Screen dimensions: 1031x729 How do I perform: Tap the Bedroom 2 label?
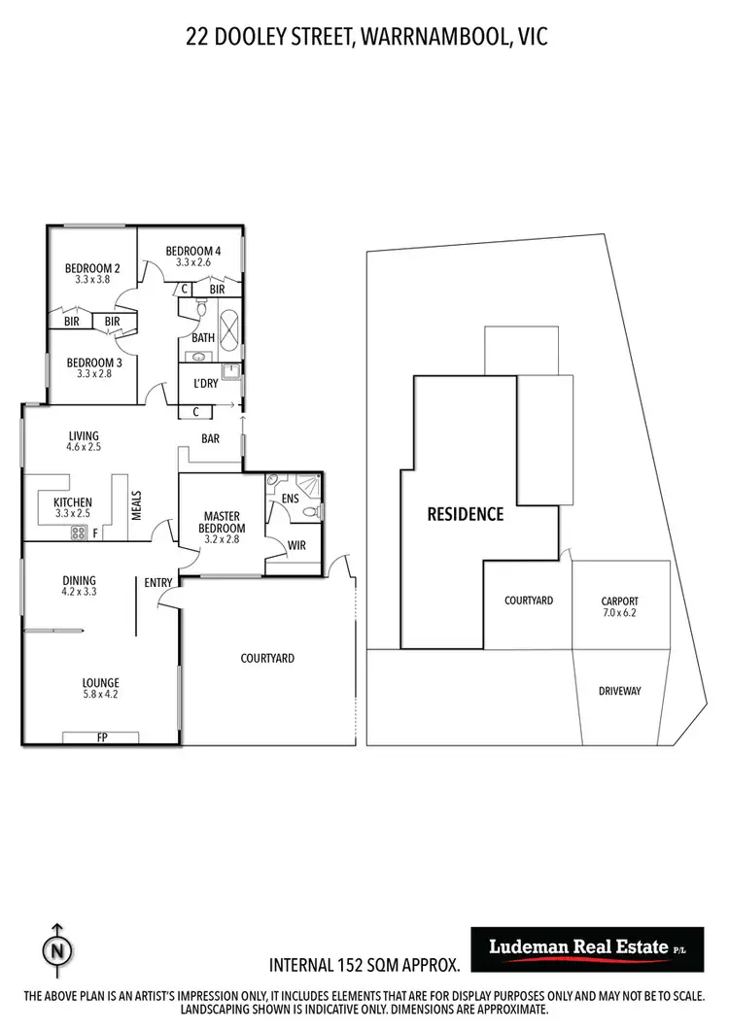click(x=92, y=269)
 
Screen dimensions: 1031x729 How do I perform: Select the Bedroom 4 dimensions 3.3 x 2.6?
click(x=193, y=262)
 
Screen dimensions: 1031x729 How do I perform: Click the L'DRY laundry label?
click(x=205, y=384)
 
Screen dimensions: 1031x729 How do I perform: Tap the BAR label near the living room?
click(x=210, y=438)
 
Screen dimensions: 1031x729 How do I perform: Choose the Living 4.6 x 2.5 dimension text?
click(x=84, y=448)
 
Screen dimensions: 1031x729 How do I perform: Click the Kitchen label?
click(x=73, y=502)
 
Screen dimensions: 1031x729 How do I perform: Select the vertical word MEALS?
click(x=137, y=504)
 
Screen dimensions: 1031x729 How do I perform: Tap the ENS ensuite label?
click(x=290, y=498)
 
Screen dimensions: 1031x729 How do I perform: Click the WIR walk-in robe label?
click(x=296, y=545)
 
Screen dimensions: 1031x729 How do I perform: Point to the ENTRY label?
click(x=158, y=583)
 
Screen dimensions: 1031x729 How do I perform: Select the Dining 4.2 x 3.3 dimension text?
click(x=79, y=591)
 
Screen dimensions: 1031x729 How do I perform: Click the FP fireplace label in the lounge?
click(x=101, y=738)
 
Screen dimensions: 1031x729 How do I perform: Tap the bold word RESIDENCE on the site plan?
click(x=466, y=514)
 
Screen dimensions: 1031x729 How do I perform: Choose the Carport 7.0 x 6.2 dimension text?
click(x=619, y=614)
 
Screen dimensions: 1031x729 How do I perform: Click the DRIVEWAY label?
click(x=619, y=691)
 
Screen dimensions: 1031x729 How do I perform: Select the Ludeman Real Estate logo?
click(x=586, y=949)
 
